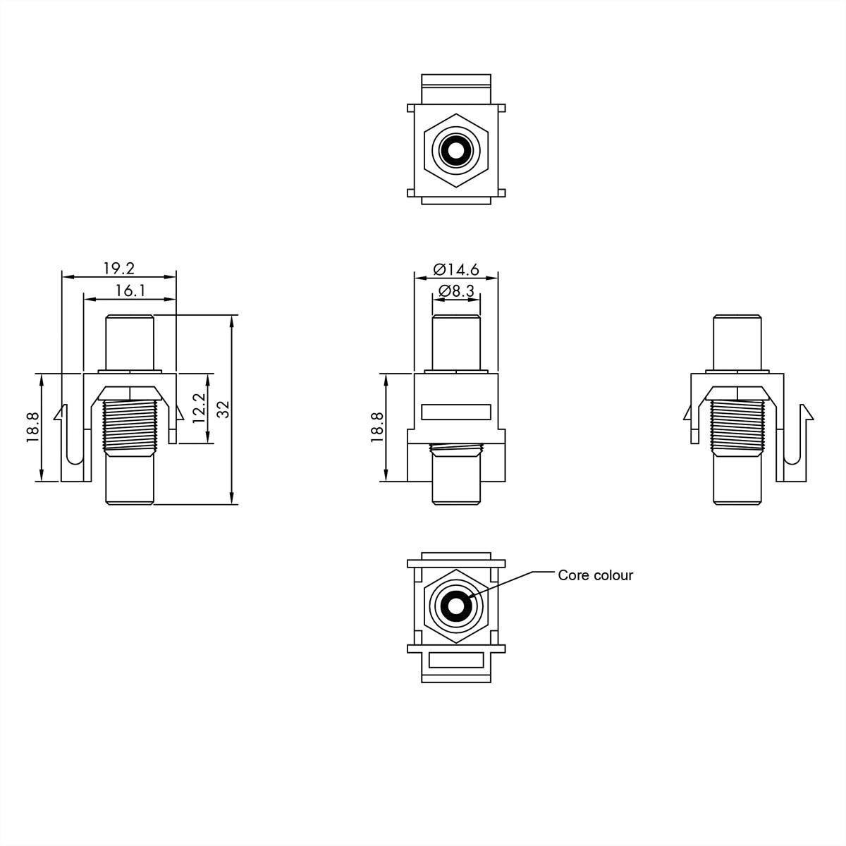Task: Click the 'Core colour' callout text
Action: point(595,575)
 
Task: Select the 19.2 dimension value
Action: point(118,269)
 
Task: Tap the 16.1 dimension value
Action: point(130,290)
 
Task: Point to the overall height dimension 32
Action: point(223,410)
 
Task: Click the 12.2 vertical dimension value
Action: point(198,408)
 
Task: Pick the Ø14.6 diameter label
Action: point(456,269)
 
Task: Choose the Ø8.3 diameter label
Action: point(456,290)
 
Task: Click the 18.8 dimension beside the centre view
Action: point(376,427)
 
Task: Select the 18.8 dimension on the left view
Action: point(32,427)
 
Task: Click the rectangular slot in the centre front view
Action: point(456,412)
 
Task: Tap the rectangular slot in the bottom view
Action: point(456,661)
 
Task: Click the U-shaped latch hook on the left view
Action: point(73,451)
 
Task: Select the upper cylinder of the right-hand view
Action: point(737,341)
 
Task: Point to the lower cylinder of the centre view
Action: point(456,479)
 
